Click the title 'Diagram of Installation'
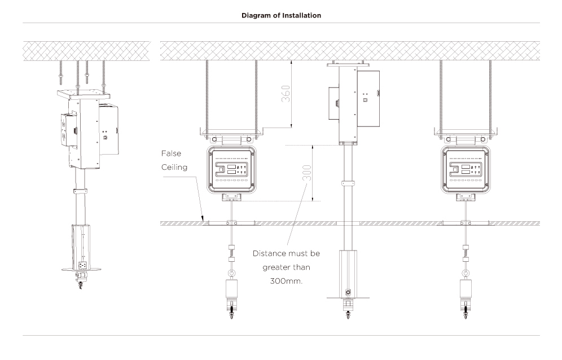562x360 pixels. tap(281, 15)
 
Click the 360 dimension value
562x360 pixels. tap(286, 94)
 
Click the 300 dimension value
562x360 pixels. tap(307, 173)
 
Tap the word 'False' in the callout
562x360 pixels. tap(171, 153)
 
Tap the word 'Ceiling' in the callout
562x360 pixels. tap(174, 168)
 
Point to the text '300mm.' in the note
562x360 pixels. tap(286, 281)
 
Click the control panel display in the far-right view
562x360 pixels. tap(465, 170)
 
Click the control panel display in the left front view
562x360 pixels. tap(231, 170)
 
